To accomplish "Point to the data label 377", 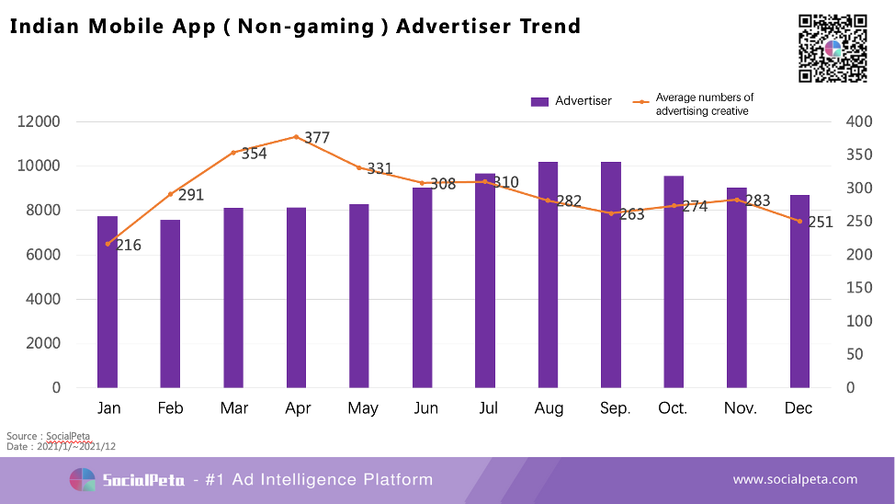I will point(316,138).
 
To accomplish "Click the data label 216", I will point(128,245).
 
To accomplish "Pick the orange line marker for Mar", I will point(233,153).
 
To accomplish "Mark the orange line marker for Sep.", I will point(611,213).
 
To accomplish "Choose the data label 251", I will point(820,222).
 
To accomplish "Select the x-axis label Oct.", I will point(672,408).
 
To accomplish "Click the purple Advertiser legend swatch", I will point(539,101).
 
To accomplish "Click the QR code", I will point(833,48).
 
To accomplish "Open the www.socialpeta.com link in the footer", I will point(795,479).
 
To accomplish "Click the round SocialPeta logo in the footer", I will point(83,480).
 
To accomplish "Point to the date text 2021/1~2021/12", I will point(76,446).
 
